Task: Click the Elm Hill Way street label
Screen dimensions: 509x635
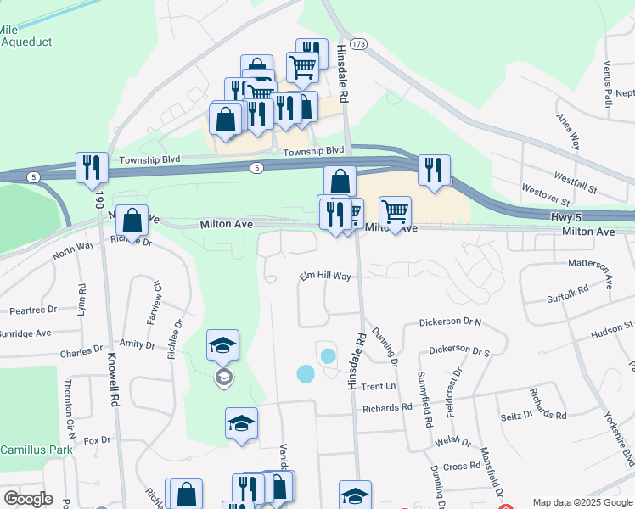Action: pos(324,277)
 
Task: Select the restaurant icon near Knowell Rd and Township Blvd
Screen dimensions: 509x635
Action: pos(91,168)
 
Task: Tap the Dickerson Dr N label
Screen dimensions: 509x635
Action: pos(450,323)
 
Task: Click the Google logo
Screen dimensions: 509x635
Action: pos(28,499)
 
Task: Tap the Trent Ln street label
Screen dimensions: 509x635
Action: pos(379,387)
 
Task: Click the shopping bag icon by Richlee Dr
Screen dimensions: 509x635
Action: pos(132,221)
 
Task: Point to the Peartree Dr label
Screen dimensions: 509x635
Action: pos(28,310)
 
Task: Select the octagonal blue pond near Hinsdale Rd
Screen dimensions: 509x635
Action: pos(304,372)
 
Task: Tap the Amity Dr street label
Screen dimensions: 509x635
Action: pos(137,345)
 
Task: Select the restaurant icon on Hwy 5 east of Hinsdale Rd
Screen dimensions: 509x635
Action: pos(434,170)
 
